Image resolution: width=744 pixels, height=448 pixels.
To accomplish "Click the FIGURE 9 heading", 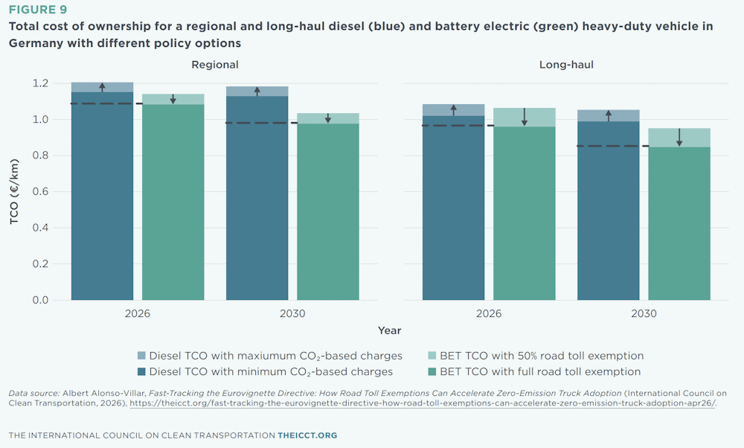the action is pyautogui.click(x=38, y=10).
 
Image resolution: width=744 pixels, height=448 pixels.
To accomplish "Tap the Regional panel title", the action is pyautogui.click(x=215, y=65).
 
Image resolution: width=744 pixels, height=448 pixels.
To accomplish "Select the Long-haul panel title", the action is pyautogui.click(x=566, y=65).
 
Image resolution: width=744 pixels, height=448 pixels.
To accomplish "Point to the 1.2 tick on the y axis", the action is pyautogui.click(x=40, y=83).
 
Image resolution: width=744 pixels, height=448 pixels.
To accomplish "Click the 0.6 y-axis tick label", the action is pyautogui.click(x=40, y=192).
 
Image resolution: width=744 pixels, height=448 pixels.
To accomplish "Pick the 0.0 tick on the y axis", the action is pyautogui.click(x=40, y=300).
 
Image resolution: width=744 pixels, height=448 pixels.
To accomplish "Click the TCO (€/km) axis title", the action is pyautogui.click(x=14, y=191).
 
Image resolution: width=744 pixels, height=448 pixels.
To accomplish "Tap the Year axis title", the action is pyautogui.click(x=390, y=330).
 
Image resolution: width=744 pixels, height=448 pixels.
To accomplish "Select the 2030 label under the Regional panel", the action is pyautogui.click(x=292, y=313).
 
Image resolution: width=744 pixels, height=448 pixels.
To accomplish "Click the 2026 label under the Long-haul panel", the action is pyautogui.click(x=489, y=313).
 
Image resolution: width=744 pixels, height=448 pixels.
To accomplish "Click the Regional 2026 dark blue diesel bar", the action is pyautogui.click(x=103, y=196).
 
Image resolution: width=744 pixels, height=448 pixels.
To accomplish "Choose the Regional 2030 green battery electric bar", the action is pyautogui.click(x=328, y=211).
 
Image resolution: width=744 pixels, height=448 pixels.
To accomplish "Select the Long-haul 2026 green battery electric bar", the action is pyautogui.click(x=525, y=213).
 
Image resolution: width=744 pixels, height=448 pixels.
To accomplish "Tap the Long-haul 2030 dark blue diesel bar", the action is pyautogui.click(x=609, y=211).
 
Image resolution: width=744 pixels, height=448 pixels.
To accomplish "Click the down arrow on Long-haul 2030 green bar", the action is pyautogui.click(x=679, y=137).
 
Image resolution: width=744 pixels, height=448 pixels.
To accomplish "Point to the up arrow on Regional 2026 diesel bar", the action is pyautogui.click(x=103, y=87).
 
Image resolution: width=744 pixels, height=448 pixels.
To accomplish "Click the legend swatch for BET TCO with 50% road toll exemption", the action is pyautogui.click(x=432, y=356).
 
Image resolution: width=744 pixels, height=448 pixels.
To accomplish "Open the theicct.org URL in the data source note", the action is pyautogui.click(x=423, y=403).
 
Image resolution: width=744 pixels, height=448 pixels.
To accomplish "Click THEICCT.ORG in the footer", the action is pyautogui.click(x=307, y=435).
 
